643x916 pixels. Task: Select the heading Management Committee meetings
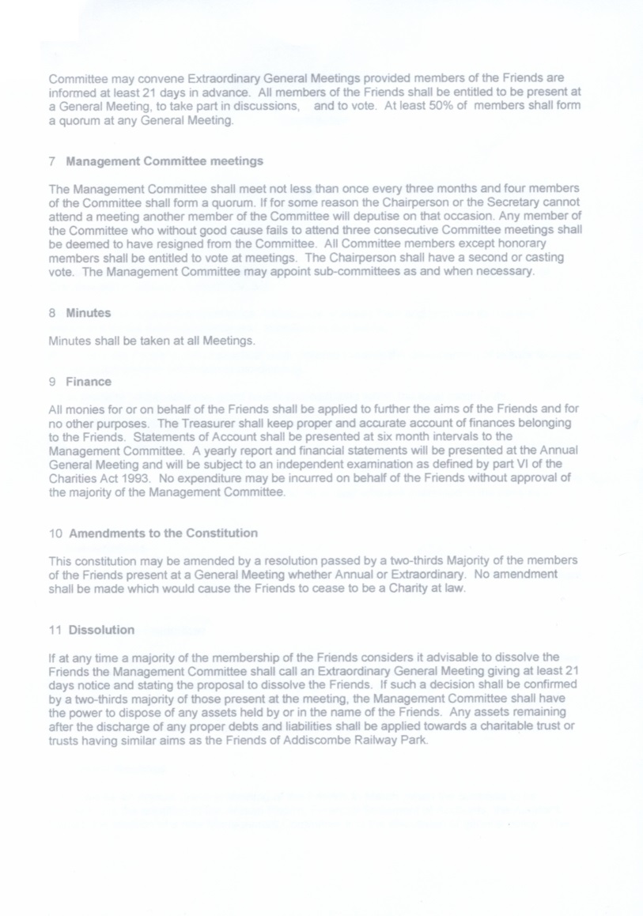coord(165,161)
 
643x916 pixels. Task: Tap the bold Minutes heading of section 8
coord(88,313)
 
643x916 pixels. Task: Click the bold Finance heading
coord(89,382)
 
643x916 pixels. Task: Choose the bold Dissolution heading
coord(101,630)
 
